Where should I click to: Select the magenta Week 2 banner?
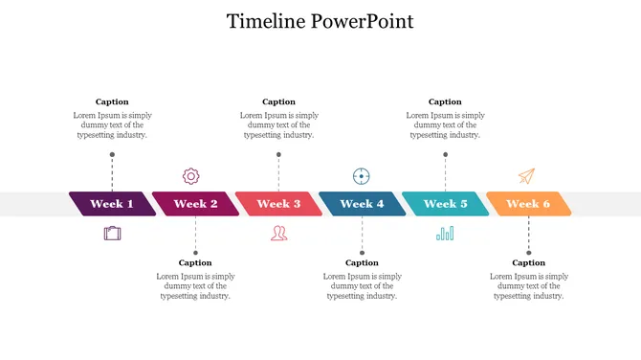(x=195, y=204)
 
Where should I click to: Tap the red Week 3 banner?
(x=278, y=204)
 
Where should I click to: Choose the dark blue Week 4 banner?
(x=362, y=204)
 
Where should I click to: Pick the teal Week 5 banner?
(x=445, y=204)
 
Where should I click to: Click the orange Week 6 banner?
(x=528, y=204)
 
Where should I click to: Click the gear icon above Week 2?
(x=191, y=176)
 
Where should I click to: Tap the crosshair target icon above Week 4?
(x=361, y=176)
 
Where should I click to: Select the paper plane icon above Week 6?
(x=526, y=176)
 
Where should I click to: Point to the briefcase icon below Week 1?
(x=113, y=233)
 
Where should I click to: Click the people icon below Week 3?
(x=278, y=233)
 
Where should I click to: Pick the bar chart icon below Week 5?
(x=445, y=233)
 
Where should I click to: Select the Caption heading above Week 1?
(x=112, y=101)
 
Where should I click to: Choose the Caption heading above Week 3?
(x=278, y=101)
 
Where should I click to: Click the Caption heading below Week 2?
(x=195, y=262)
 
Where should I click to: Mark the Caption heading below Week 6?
(x=528, y=262)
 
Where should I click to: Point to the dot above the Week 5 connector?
(x=445, y=154)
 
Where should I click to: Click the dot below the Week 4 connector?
(x=362, y=253)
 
